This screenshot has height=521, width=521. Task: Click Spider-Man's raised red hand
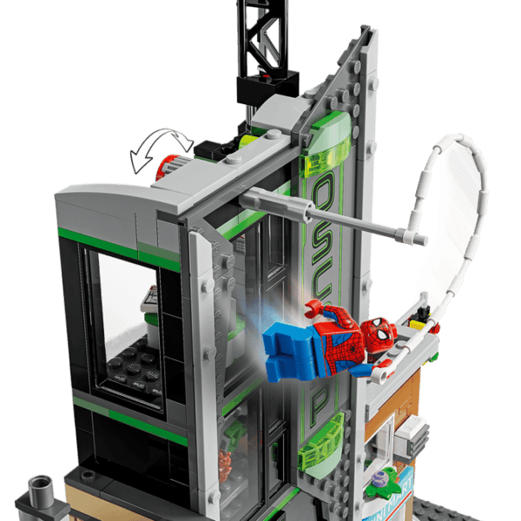pos(313,309)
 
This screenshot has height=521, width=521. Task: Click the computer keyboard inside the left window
pos(148,299)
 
